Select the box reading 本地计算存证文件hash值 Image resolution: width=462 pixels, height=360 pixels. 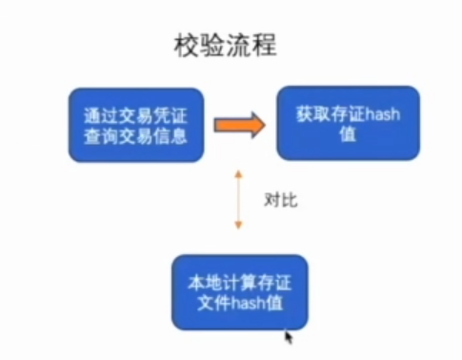pos(240,292)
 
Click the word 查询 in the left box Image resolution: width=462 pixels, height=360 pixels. pos(97,135)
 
